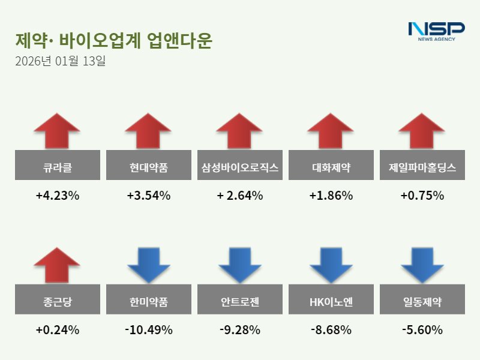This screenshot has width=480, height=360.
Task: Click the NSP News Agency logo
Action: (436, 31)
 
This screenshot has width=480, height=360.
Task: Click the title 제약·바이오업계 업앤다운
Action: (113, 41)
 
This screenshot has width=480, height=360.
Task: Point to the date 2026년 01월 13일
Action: (61, 61)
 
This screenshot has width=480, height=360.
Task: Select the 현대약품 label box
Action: (149, 165)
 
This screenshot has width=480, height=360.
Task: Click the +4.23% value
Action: (58, 196)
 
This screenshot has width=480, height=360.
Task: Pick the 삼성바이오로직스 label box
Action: (240, 165)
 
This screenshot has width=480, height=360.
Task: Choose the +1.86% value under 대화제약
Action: (331, 196)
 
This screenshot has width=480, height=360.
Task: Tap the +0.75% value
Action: (422, 196)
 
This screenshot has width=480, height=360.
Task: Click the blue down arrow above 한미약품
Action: (149, 265)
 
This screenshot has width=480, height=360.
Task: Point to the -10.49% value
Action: (149, 330)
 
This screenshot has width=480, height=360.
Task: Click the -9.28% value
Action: (240, 330)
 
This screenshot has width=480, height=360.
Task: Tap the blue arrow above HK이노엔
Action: (331, 265)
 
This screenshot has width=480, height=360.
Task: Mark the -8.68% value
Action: (331, 330)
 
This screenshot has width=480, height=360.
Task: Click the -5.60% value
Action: (422, 330)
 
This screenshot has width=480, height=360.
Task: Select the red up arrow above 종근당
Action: (57, 264)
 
